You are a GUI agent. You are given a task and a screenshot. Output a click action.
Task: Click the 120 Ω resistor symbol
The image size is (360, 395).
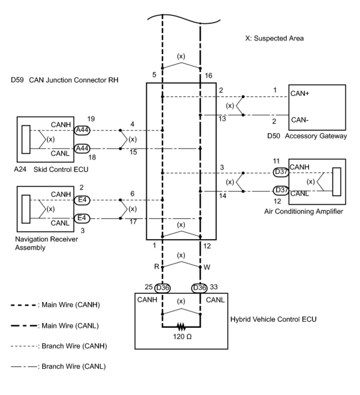coord(181,327)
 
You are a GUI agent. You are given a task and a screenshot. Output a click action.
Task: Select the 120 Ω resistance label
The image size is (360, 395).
coord(182,337)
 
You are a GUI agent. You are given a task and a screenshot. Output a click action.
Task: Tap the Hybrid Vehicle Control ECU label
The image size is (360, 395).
coord(273,319)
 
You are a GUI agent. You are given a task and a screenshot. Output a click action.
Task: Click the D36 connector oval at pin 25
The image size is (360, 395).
coord(162,288)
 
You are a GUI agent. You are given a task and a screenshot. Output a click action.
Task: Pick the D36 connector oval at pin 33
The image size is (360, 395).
coord(199,288)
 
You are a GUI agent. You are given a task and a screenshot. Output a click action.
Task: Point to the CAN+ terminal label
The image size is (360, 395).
coord(300,93)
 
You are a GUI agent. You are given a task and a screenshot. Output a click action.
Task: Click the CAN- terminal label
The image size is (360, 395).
coord(300,120)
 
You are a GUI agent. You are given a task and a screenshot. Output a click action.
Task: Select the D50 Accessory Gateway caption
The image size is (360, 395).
coord(307,136)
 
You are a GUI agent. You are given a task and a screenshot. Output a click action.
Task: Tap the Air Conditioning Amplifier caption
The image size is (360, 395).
coord(303,211)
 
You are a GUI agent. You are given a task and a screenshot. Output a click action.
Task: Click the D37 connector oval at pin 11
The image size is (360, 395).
coord(281,173)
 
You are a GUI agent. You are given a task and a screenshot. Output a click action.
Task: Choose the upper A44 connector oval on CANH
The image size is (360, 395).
coord(82,130)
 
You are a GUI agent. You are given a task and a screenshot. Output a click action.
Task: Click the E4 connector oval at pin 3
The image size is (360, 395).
coord(82,218)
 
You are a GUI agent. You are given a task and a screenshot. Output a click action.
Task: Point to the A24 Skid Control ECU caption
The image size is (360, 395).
coord(51,169)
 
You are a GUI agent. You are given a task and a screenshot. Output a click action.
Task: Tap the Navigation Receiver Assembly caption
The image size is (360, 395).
coord(46,243)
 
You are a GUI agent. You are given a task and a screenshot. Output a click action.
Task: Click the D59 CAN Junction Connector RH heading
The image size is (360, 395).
coord(65,80)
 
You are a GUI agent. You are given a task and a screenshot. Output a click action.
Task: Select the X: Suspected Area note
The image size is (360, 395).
coord(274,38)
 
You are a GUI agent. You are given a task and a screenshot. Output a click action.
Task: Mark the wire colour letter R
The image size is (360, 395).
coord(157,267)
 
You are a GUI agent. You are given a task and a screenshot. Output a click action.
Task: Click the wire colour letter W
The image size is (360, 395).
coord(207,267)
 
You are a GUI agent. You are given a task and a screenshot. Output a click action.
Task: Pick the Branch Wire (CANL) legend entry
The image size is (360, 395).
coord(58,366)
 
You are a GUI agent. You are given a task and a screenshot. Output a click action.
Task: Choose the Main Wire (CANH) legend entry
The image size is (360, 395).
coord(55,305)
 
